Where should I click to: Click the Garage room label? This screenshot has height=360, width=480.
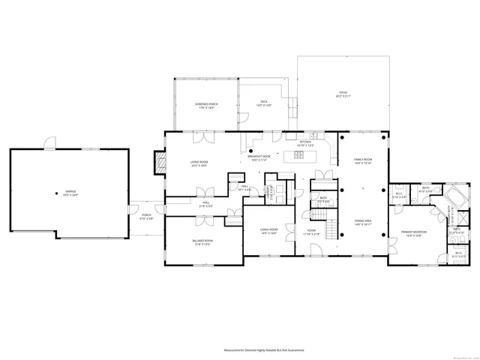tap(70, 193)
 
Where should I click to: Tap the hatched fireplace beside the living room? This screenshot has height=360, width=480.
tap(158, 162)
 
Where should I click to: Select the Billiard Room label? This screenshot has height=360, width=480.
tap(202, 241)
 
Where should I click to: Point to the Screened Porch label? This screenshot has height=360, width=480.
tap(206, 106)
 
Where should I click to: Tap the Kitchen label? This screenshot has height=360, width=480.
tap(306, 143)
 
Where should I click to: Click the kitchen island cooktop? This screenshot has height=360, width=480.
tap(298, 155)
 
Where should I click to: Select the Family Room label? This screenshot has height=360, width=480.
tap(363, 161)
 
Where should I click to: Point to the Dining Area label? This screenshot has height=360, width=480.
tap(363, 222)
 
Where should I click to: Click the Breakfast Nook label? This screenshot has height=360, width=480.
tap(259, 158)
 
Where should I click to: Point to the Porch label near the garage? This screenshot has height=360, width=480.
tap(146, 217)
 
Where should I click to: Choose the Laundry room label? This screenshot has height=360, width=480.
tap(268, 190)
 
